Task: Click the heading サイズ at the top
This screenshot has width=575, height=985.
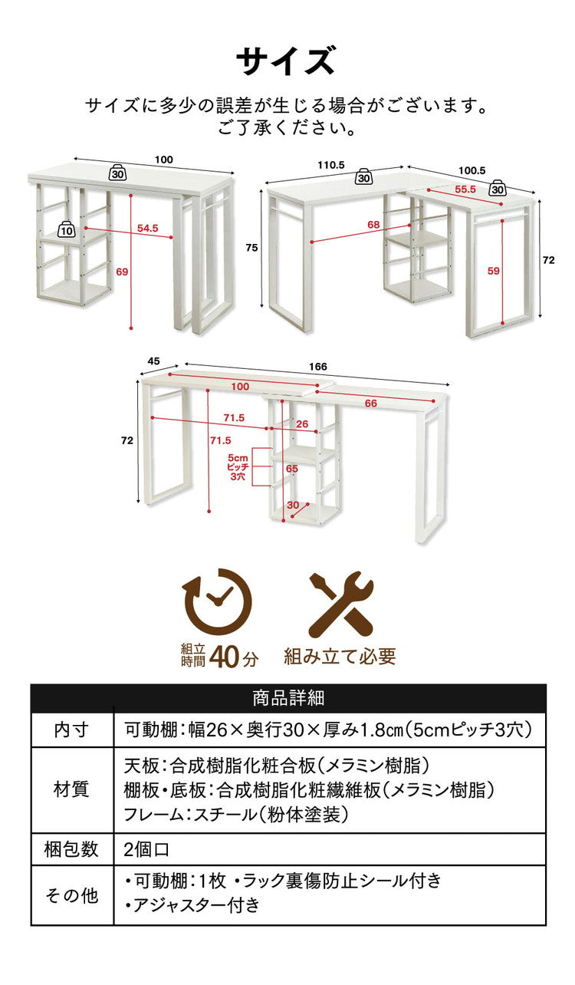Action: click(x=286, y=61)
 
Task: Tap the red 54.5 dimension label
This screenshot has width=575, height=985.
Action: click(x=147, y=228)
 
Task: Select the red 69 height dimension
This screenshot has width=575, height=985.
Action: click(x=123, y=272)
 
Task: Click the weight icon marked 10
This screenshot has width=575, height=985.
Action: click(x=67, y=229)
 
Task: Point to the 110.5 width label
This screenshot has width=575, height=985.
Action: click(x=330, y=165)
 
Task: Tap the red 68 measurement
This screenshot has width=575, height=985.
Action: click(x=373, y=224)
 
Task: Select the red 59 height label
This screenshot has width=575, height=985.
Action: click(x=494, y=270)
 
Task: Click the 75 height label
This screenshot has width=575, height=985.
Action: click(x=251, y=248)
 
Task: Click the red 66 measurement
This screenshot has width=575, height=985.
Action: click(x=370, y=404)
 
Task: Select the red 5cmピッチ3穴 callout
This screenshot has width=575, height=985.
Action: click(x=237, y=466)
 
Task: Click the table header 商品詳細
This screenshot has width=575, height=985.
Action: click(x=287, y=698)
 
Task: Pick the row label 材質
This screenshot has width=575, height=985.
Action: click(x=71, y=789)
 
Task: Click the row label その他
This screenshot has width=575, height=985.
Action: click(x=71, y=894)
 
